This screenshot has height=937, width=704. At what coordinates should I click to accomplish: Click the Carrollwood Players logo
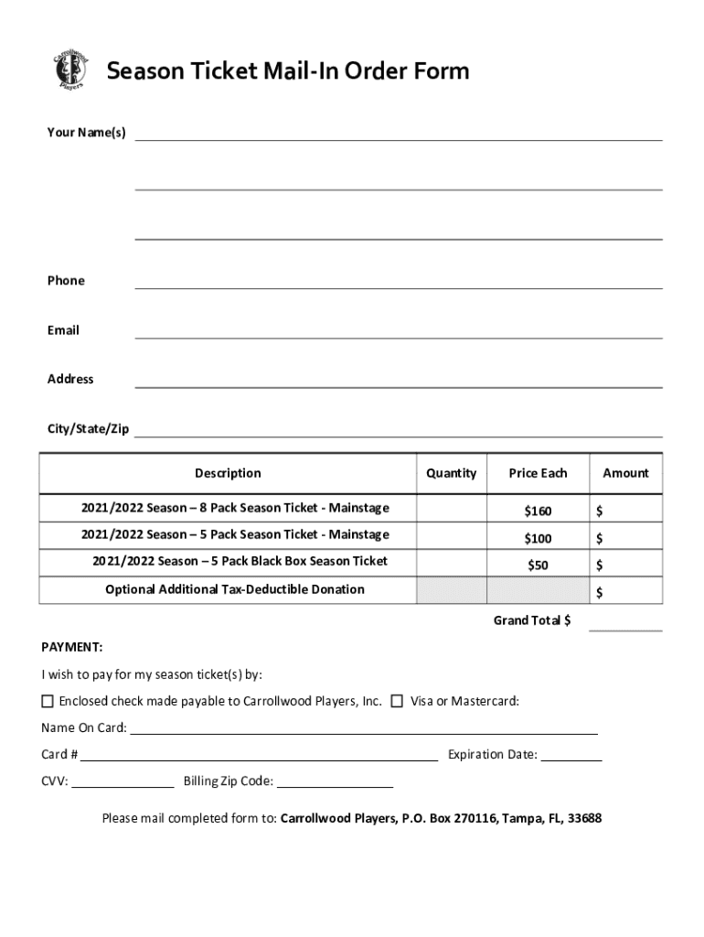coord(69,70)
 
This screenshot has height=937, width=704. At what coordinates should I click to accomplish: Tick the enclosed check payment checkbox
coord(48,702)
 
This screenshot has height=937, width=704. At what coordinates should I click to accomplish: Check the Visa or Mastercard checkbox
coord(397,702)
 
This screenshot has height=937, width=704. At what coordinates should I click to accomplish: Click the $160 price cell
coord(538,511)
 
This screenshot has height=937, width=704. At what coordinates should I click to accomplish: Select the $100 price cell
coord(538,538)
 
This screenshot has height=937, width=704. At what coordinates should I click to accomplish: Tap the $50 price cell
coord(538,565)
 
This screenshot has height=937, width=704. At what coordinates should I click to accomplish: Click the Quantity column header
coord(451,473)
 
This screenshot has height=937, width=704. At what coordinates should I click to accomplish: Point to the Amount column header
coord(625,473)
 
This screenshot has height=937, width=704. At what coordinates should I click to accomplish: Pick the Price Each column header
coord(538,473)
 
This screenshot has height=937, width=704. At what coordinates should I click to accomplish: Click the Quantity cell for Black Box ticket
coord(451,563)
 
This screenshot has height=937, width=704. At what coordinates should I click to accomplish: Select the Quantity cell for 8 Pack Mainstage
coord(451,508)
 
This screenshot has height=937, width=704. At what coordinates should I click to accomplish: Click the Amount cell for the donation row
coord(631,592)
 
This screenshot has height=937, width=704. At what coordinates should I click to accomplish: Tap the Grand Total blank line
coord(625,625)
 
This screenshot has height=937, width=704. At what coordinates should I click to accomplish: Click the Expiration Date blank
coord(577,756)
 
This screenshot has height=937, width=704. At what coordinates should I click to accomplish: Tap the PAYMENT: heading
coord(72,648)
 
